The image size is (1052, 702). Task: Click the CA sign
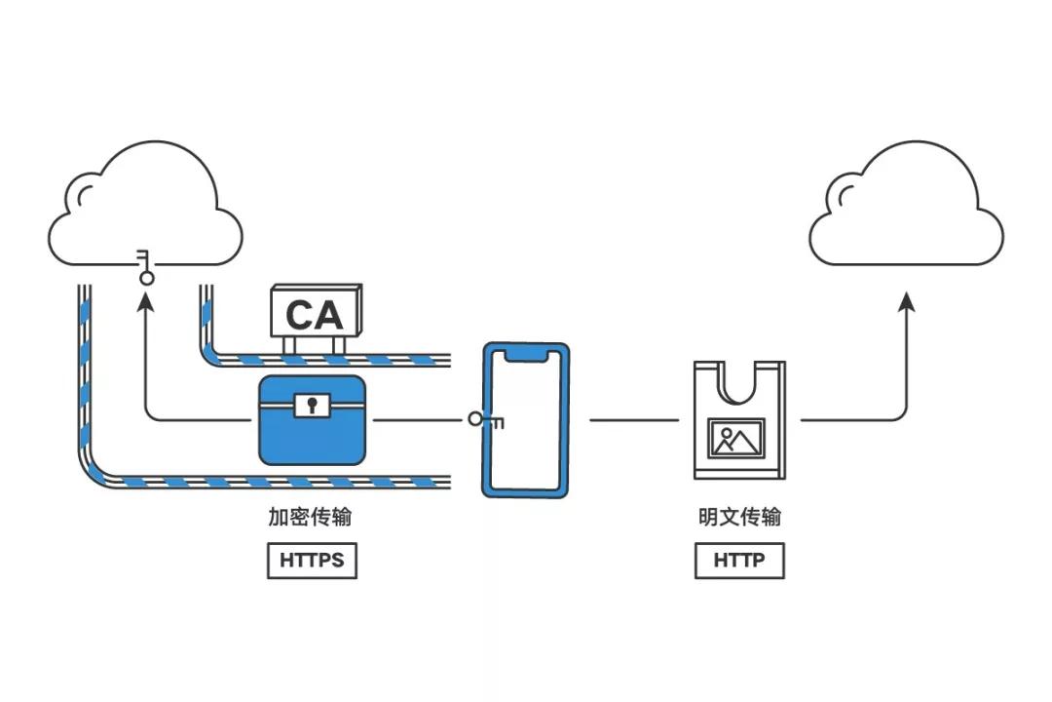pos(315,313)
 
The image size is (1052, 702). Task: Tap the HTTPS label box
pos(312,561)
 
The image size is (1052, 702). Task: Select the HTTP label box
pos(739,561)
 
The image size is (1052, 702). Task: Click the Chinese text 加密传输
pos(311,517)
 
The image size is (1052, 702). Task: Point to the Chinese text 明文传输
pos(739,517)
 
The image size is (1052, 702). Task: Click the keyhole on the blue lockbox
pos(312,404)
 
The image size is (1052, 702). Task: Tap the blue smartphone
pos(526,419)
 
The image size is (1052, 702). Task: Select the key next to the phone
pos(484,420)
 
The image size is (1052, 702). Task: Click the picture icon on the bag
pos(737,439)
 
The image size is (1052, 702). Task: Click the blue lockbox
pos(312,420)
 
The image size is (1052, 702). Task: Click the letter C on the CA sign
pos(299,315)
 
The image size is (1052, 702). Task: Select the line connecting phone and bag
pos(633,420)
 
